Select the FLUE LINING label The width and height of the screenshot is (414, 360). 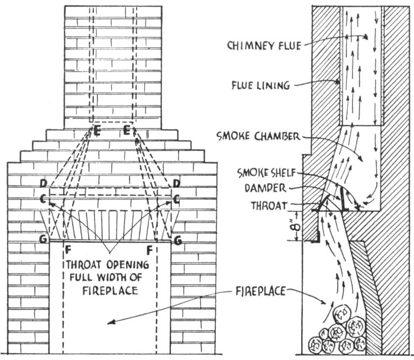point(260,85)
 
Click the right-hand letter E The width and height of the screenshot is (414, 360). point(127,130)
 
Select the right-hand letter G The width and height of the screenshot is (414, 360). point(176,240)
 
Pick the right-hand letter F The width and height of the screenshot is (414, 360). point(150,249)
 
